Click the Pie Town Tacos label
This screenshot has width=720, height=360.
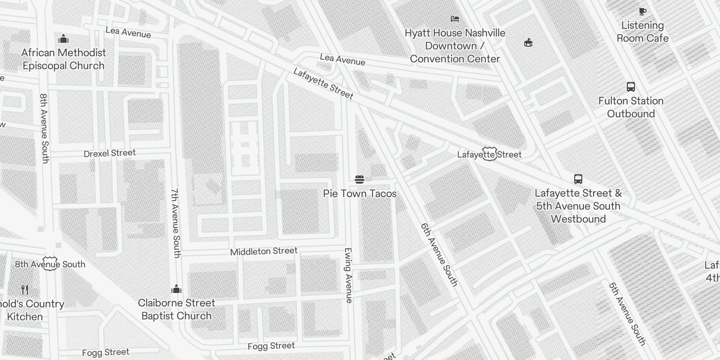(x=360, y=194)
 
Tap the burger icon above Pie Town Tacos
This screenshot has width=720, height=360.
(x=359, y=180)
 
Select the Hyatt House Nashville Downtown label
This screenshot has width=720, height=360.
(x=455, y=46)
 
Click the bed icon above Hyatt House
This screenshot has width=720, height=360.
(x=455, y=19)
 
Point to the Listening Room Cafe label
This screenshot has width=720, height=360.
(x=642, y=32)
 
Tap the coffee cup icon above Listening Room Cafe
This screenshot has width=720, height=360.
(x=642, y=11)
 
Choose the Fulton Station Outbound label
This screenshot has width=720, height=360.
(x=631, y=107)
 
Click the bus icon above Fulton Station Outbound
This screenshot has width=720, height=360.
(x=631, y=87)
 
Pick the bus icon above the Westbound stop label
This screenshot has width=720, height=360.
(x=578, y=179)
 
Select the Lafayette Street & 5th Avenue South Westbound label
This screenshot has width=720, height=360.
(x=578, y=206)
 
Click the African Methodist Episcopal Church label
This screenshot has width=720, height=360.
(x=63, y=59)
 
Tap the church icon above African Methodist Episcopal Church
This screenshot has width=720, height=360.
(x=63, y=39)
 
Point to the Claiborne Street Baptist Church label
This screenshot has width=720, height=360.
(x=176, y=309)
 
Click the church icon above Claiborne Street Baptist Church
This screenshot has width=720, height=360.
(x=176, y=288)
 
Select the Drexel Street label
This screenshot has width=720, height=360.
(x=109, y=153)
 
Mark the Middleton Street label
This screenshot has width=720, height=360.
(x=264, y=252)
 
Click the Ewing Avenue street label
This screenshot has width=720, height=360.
(x=348, y=275)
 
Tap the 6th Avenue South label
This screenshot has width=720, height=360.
(x=439, y=255)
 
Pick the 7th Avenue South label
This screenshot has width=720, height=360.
(x=175, y=223)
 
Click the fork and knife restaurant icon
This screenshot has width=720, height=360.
(x=25, y=290)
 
